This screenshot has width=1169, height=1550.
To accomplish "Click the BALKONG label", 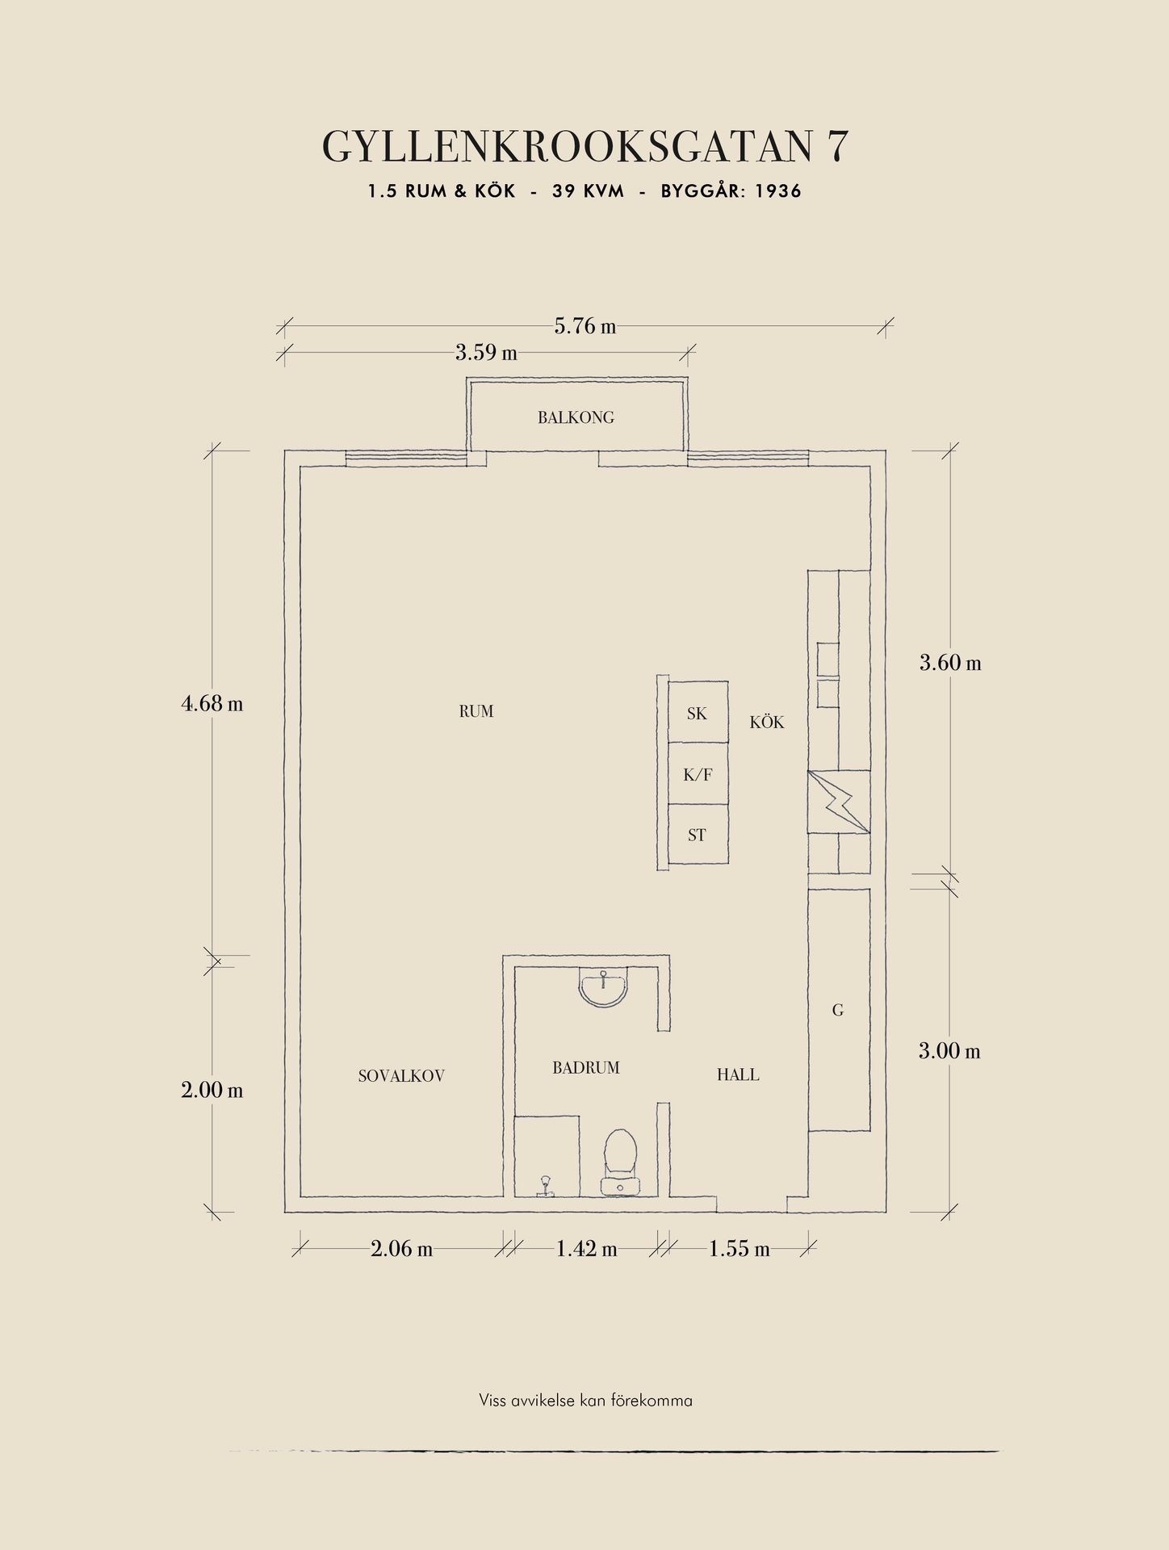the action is (x=576, y=417).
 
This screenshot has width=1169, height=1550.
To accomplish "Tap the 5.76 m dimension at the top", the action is (x=585, y=326).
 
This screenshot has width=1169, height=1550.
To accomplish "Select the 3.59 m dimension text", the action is (x=486, y=353).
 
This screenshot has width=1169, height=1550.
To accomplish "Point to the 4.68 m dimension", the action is (x=212, y=703).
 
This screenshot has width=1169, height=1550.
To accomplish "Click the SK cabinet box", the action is (x=698, y=713).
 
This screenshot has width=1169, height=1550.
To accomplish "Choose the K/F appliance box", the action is (x=698, y=774).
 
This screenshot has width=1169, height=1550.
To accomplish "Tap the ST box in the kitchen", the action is (x=698, y=835).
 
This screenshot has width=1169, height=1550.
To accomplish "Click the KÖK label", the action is (x=767, y=722).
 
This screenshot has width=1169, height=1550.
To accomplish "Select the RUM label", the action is (x=476, y=711).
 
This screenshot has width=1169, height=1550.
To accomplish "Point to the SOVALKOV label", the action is (x=401, y=1075).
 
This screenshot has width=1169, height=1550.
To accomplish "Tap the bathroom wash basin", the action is (x=603, y=989).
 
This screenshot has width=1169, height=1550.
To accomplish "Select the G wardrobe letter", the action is (x=838, y=1010).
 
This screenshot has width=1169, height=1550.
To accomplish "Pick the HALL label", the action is (x=738, y=1075).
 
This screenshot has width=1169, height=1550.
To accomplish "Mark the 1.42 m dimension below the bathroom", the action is (x=586, y=1249).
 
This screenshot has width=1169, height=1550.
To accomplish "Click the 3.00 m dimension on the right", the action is (x=949, y=1051).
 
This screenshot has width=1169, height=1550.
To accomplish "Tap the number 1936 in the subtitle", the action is (x=778, y=191).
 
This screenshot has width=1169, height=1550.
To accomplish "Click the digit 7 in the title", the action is (x=837, y=146).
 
